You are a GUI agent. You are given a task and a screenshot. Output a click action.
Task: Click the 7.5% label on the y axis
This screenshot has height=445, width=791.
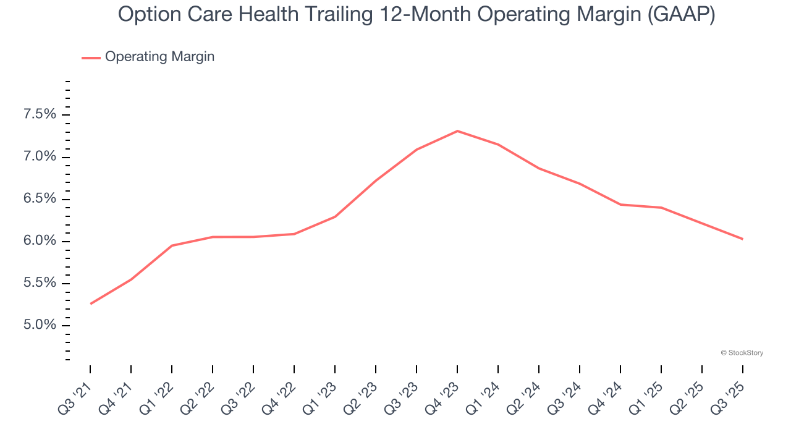click(x=40, y=114)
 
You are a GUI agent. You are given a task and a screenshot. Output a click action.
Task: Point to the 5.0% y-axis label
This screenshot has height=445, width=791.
click(x=40, y=326)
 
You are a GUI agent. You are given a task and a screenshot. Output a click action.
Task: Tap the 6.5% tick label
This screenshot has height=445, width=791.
click(x=40, y=199)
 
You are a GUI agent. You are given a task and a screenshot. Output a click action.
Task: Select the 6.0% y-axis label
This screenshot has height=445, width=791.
click(x=40, y=241)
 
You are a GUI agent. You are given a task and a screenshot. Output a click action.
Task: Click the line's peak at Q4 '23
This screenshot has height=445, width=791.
click(x=457, y=131)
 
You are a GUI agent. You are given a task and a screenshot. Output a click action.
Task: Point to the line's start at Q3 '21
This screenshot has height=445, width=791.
click(x=91, y=303)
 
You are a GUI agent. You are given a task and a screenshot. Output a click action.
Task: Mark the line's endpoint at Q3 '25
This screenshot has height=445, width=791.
click(x=742, y=239)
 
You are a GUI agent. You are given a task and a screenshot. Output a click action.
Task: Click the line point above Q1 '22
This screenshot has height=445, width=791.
click(x=172, y=245)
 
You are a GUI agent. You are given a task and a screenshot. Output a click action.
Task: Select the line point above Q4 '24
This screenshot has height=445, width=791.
click(x=620, y=205)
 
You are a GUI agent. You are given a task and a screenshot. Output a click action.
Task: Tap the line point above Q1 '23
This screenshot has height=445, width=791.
click(x=335, y=216)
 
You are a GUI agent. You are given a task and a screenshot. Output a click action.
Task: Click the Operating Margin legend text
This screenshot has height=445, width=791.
click(x=159, y=57)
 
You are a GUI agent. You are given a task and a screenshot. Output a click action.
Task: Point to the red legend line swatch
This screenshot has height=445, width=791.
click(x=91, y=57)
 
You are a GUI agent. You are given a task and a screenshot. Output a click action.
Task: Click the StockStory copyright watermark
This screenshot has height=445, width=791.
click(x=742, y=353)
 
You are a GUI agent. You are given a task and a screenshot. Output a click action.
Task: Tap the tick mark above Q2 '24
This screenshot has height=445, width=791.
click(x=539, y=369)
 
